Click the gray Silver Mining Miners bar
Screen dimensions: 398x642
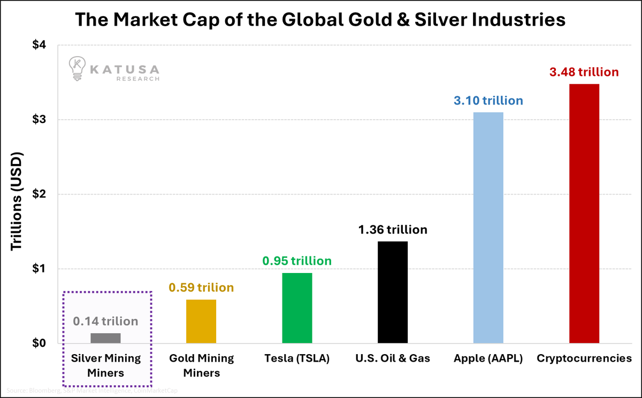(105, 338)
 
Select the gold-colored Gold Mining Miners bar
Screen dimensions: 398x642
(201, 321)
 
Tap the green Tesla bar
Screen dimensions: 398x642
(297, 308)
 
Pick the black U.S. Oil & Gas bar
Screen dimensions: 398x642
(393, 292)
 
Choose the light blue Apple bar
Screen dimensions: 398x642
(488, 228)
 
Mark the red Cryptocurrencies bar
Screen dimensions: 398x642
(584, 214)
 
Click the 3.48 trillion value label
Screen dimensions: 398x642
(584, 72)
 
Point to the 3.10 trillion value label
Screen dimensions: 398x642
(488, 100)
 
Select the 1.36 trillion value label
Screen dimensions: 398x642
(393, 230)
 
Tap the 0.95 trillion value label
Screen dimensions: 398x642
(297, 261)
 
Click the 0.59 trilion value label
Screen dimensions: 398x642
(201, 287)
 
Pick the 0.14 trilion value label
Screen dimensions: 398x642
(105, 322)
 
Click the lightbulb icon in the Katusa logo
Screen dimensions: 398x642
(77, 68)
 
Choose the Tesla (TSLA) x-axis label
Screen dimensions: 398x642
(297, 358)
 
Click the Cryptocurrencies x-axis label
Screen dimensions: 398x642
(584, 358)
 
